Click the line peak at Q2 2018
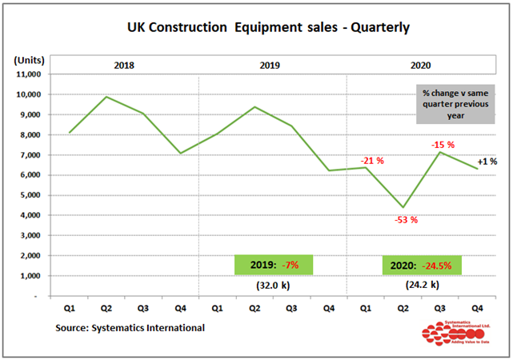click(107, 97)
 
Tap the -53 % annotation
click(406, 220)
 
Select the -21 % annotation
click(372, 161)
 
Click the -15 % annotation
click(443, 145)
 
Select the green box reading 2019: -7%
click(274, 265)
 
